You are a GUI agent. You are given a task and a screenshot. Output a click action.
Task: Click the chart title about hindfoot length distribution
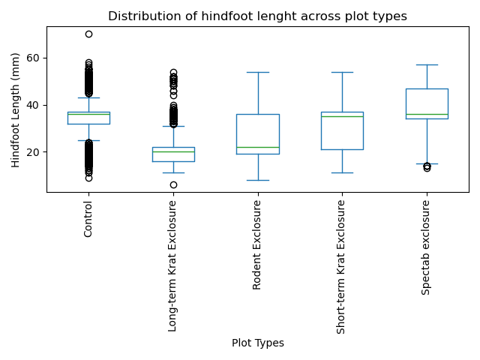[257, 16]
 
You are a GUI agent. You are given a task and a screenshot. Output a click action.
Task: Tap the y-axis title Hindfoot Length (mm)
[16, 109]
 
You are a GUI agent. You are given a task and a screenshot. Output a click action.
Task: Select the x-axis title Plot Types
[257, 343]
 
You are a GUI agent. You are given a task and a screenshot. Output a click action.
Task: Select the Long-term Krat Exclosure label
[173, 265]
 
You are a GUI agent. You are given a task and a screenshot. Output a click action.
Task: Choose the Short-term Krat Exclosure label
[342, 267]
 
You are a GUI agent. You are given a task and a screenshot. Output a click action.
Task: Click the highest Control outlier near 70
[88, 34]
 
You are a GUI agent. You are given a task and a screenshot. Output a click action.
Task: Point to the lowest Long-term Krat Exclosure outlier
[173, 184]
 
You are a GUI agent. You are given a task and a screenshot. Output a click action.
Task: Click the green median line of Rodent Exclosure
[258, 147]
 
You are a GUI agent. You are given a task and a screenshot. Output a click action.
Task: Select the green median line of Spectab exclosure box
[427, 114]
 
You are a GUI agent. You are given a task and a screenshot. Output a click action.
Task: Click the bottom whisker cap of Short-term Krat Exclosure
[342, 172]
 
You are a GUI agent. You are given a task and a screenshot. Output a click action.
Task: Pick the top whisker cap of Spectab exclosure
[427, 64]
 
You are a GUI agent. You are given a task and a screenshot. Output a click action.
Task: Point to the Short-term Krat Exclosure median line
[342, 116]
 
